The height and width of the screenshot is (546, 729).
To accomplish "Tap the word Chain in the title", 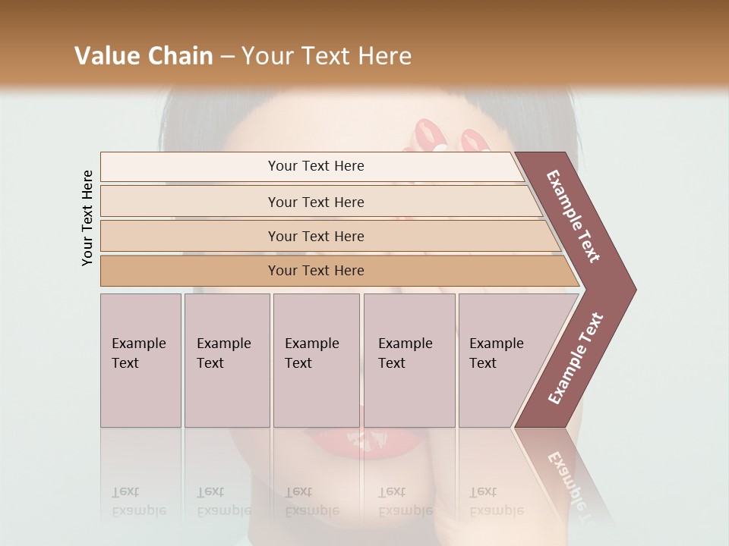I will pyautogui.click(x=181, y=56).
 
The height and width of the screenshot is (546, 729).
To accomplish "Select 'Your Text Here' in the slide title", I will pyautogui.click(x=327, y=56).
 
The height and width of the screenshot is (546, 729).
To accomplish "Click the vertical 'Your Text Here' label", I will pyautogui.click(x=87, y=218).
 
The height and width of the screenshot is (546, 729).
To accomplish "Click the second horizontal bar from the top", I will pyautogui.click(x=316, y=202).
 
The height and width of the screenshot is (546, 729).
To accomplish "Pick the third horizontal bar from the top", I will pyautogui.click(x=316, y=236).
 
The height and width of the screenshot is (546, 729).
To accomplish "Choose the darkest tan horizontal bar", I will pyautogui.click(x=316, y=271).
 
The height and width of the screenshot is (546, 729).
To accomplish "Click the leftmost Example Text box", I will pyautogui.click(x=140, y=360).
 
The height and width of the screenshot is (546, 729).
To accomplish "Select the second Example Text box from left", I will pyautogui.click(x=226, y=360).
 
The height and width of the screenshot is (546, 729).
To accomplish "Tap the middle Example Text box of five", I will pyautogui.click(x=316, y=360).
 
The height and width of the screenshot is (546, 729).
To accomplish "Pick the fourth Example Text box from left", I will pyautogui.click(x=409, y=360).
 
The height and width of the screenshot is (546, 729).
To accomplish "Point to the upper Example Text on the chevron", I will pyautogui.click(x=574, y=216).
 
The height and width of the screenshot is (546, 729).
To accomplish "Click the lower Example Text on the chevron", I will pyautogui.click(x=576, y=359).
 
